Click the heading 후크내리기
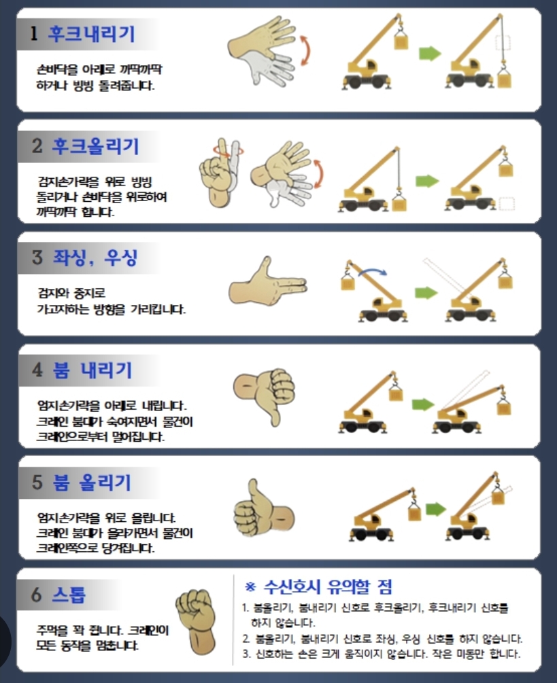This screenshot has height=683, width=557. click(92, 34)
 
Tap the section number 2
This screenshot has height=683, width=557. click(37, 145)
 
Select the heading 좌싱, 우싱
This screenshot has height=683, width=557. click(95, 258)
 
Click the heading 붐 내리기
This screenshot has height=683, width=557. click(92, 370)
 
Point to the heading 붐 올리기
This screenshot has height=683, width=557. click(92, 483)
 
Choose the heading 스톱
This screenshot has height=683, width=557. click(69, 594)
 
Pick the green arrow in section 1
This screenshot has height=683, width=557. click(430, 54)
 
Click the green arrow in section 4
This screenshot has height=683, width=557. click(423, 404)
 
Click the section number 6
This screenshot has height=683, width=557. click(37, 594)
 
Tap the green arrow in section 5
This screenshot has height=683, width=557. click(435, 508)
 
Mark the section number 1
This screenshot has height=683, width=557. click(34, 33)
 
